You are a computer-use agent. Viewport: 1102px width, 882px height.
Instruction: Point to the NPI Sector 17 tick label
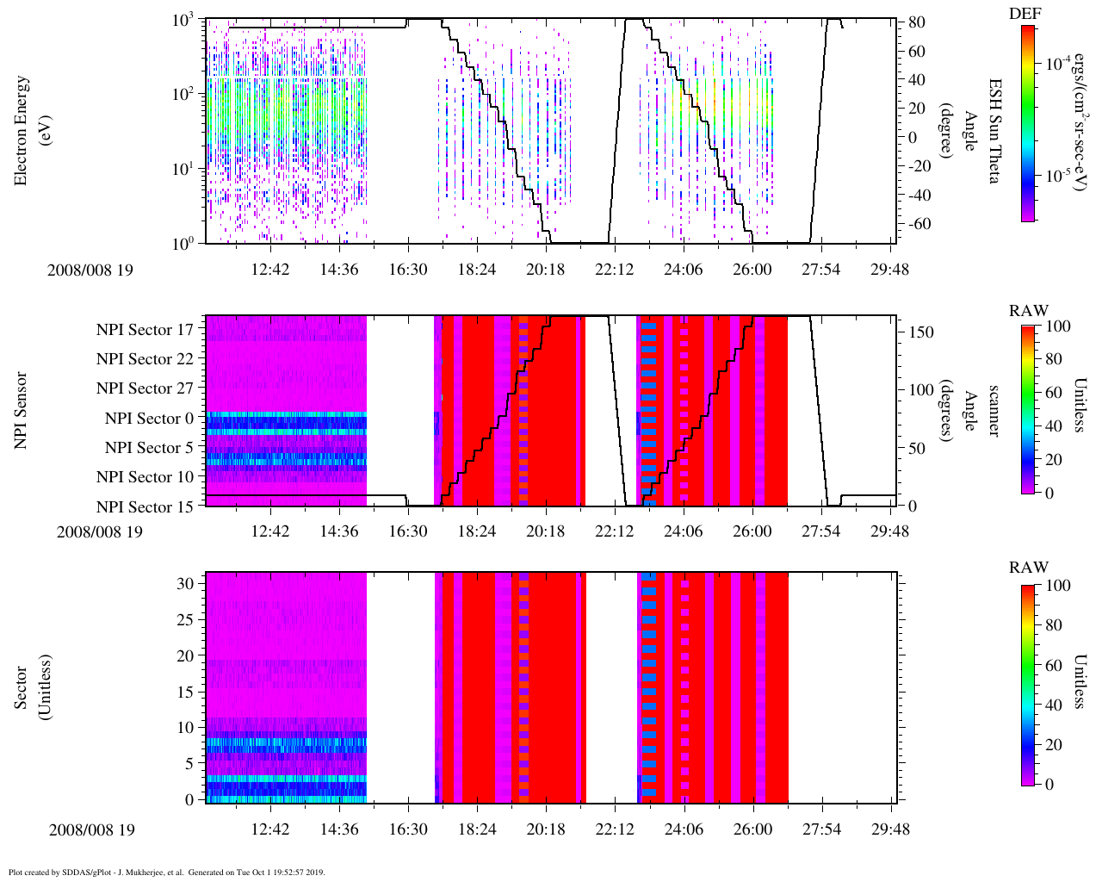pos(145,329)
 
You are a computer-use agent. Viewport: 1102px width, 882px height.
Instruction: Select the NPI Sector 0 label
pos(149,419)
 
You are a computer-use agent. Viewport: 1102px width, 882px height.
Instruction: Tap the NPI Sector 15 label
pos(145,506)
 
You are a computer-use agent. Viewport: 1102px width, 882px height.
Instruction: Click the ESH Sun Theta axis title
pos(994,130)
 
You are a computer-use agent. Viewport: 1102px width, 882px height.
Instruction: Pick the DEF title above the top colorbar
pos(1024,14)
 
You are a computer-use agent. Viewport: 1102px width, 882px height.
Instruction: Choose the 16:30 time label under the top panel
pos(408,270)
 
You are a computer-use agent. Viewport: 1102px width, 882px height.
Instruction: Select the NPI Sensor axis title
pos(22,411)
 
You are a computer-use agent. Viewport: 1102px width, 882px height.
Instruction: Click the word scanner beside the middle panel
pos(994,411)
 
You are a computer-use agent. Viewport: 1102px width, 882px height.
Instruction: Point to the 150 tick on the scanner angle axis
pos(921,332)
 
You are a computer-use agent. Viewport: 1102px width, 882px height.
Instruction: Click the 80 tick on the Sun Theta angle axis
pos(916,22)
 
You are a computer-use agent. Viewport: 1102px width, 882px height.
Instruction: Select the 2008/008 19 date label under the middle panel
pos(100,531)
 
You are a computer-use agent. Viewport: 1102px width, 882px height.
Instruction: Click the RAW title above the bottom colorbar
pos(1029,568)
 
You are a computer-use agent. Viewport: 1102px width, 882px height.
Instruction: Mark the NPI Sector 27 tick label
pos(145,388)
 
